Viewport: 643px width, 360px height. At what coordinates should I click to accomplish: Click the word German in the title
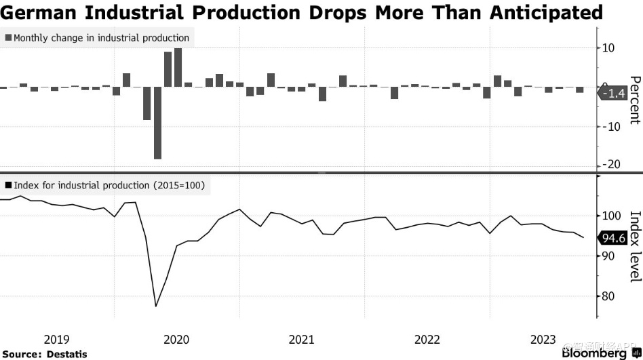tap(37, 12)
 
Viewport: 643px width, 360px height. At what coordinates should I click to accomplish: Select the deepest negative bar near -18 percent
tap(157, 122)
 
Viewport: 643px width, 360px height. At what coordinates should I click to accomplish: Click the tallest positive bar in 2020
tap(178, 67)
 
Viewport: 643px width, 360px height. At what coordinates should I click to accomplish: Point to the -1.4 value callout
tap(615, 94)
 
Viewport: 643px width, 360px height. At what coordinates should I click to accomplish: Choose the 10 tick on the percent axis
tap(608, 48)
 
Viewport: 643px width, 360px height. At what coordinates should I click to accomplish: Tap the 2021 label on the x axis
tap(301, 339)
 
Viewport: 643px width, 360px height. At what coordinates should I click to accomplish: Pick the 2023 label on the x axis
tap(543, 339)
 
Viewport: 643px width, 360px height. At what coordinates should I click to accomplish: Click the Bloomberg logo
tap(594, 353)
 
